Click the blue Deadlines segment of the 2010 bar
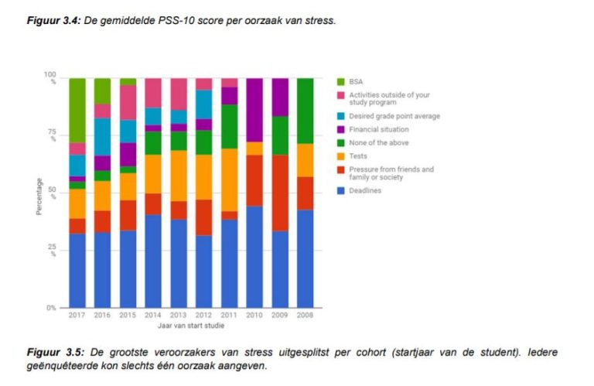(254, 255)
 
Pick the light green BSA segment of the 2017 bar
(77, 109)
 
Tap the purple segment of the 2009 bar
(279, 97)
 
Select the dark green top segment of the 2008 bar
(305, 111)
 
